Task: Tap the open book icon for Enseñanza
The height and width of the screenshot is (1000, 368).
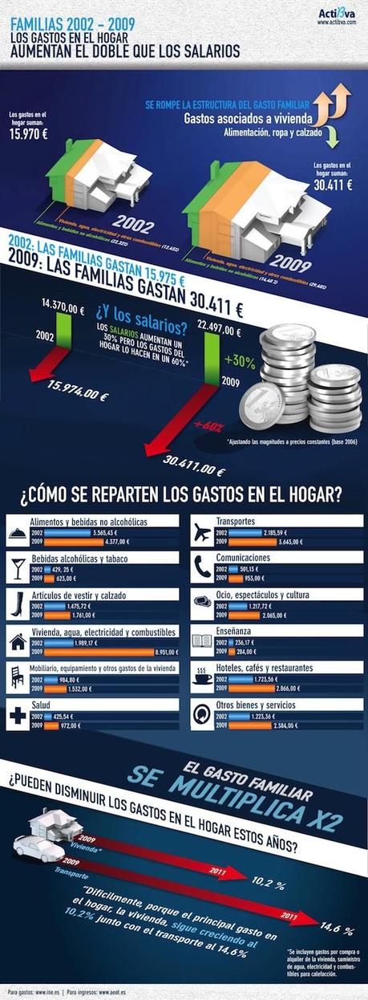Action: click(202, 643)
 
